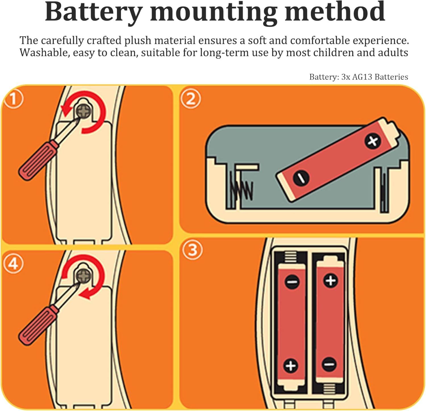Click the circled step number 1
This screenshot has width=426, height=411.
click(13, 99)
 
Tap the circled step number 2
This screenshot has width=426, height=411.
click(191, 98)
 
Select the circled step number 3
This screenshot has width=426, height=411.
click(192, 250)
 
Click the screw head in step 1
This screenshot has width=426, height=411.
click(84, 111)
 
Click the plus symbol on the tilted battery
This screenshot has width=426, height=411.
click(372, 141)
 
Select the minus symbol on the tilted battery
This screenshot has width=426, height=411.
click(301, 178)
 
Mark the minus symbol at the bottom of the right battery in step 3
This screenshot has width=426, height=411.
click(329, 364)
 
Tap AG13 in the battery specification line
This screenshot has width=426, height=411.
click(362, 77)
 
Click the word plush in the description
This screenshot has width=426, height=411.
click(137, 41)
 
